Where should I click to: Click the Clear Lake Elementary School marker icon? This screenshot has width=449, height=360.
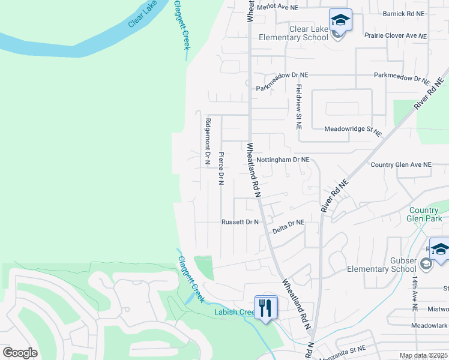tap(340, 20)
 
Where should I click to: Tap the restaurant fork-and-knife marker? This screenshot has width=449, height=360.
tap(265, 308)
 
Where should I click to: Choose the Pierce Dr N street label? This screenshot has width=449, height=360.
tap(221, 168)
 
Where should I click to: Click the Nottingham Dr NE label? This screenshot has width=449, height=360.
tap(283, 160)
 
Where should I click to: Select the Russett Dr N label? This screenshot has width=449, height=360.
tap(240, 222)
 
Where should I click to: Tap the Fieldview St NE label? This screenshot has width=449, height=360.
tap(298, 107)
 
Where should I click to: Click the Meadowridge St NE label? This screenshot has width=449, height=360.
tap(353, 130)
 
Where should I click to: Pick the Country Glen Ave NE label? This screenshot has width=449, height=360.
tap(401, 164)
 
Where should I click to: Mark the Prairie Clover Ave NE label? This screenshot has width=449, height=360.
tap(396, 36)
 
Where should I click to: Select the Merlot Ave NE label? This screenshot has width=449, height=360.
tap(277, 7)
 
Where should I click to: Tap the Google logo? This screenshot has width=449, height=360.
tap(20, 352)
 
